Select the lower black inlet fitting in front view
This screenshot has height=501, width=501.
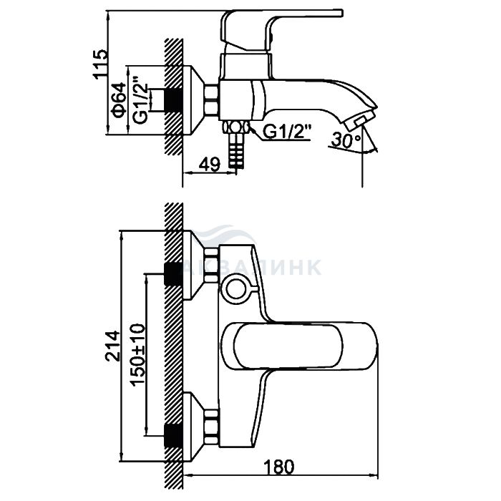coord(172,432)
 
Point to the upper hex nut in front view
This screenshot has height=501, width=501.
coord(210,258)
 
